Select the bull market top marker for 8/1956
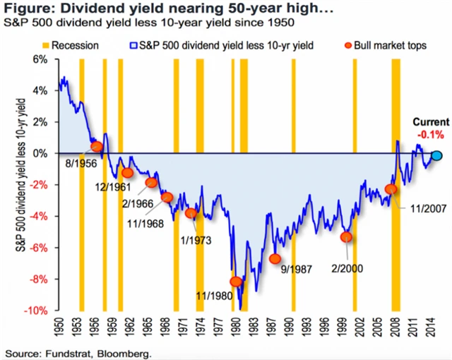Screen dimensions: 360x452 (97, 147)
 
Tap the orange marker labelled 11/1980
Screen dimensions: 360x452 (236, 282)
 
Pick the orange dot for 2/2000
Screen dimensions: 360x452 (346, 237)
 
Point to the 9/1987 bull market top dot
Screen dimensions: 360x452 (275, 259)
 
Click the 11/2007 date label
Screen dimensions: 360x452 (425, 209)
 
